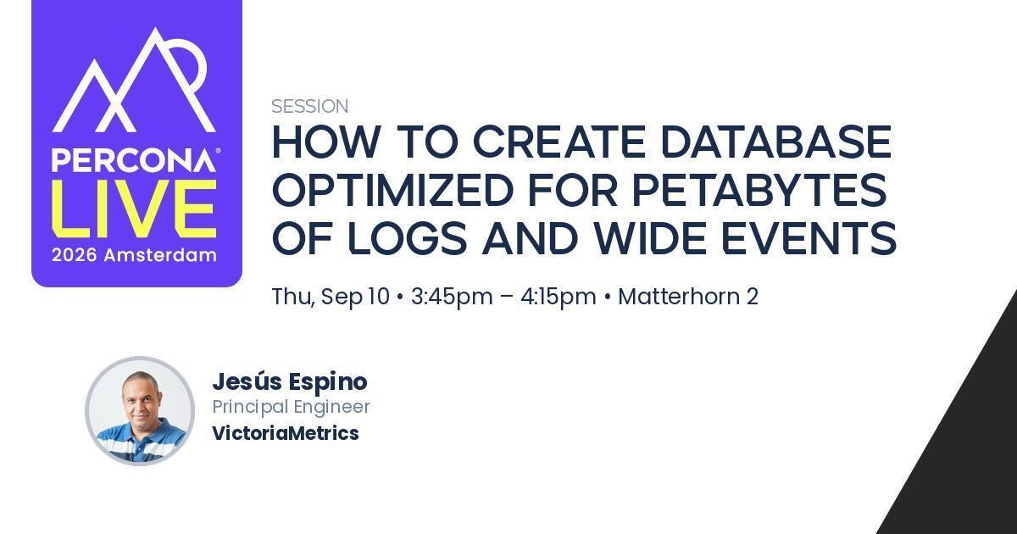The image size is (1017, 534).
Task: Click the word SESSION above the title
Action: click(x=309, y=106)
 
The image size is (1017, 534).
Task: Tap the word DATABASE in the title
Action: click(x=776, y=142)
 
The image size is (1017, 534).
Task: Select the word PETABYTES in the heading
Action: click(x=759, y=190)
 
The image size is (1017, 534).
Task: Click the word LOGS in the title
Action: click(x=408, y=238)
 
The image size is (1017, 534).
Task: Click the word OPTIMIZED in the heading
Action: click(x=392, y=190)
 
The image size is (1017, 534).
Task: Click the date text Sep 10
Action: click(x=355, y=297)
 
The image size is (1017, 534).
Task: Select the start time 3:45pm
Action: click(x=452, y=297)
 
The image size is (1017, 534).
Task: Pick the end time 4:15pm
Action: click(x=559, y=297)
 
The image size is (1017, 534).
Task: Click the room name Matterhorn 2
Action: click(x=688, y=297)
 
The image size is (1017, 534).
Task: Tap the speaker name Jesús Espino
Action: click(x=290, y=382)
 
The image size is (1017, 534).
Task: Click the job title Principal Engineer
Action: click(x=291, y=407)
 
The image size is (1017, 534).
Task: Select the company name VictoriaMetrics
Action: click(x=286, y=433)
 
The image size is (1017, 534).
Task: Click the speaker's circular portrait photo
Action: click(x=140, y=411)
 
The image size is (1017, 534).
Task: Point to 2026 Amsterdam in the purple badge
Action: click(x=134, y=255)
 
